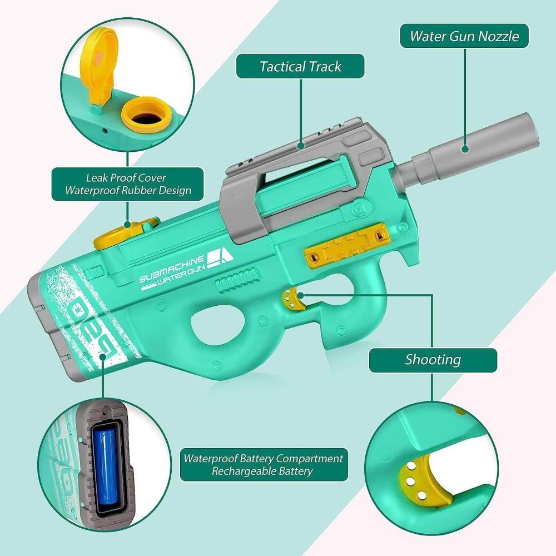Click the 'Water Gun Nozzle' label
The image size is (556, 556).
[x=464, y=36]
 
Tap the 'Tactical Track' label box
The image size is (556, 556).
[x=300, y=66]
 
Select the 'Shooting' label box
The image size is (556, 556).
[x=433, y=360]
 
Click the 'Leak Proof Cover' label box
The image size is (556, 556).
[x=128, y=184]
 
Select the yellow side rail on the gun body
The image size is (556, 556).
[x=347, y=245]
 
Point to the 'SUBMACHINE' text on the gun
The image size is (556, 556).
[x=172, y=269]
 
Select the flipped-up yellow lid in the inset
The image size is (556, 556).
[x=97, y=64]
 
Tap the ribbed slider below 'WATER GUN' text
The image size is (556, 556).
[x=237, y=280]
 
